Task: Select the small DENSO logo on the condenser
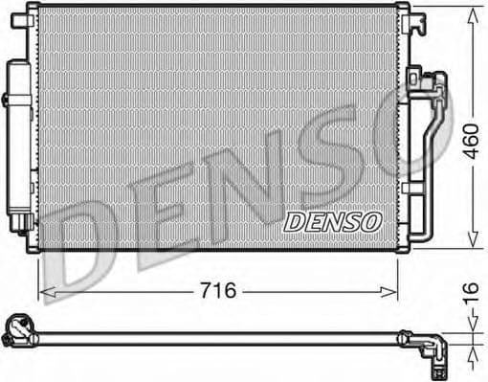pyautogui.click(x=332, y=221)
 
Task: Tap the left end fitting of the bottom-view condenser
pyautogui.click(x=16, y=331)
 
